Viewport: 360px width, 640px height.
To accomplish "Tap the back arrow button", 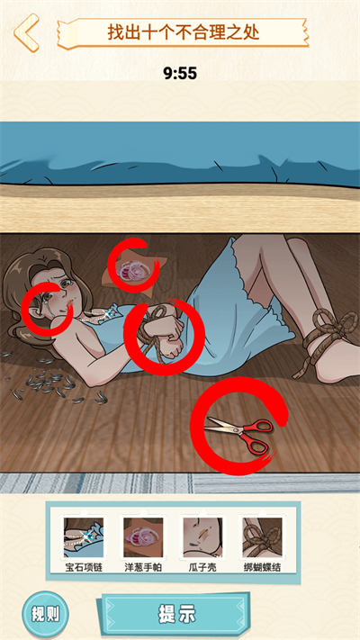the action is (26, 32).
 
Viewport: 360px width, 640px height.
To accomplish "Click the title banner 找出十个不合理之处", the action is (183, 32).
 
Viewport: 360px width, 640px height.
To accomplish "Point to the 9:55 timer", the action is (180, 74).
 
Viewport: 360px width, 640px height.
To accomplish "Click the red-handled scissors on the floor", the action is (239, 433).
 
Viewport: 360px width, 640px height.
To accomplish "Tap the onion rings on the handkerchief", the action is (133, 270).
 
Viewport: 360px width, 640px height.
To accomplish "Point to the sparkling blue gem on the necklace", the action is (108, 314).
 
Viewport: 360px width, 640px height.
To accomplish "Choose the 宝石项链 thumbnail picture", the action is (84, 537).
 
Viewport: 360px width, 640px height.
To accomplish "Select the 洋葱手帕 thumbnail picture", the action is (143, 537).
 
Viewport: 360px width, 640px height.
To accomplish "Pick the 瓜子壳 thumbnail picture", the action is (202, 537).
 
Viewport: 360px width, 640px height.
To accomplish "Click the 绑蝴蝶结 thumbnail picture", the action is (262, 537).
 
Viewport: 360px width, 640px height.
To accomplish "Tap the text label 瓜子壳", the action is (202, 568).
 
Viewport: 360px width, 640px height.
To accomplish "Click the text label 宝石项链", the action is (84, 568).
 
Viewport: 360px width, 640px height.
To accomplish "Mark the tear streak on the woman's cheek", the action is (49, 306).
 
